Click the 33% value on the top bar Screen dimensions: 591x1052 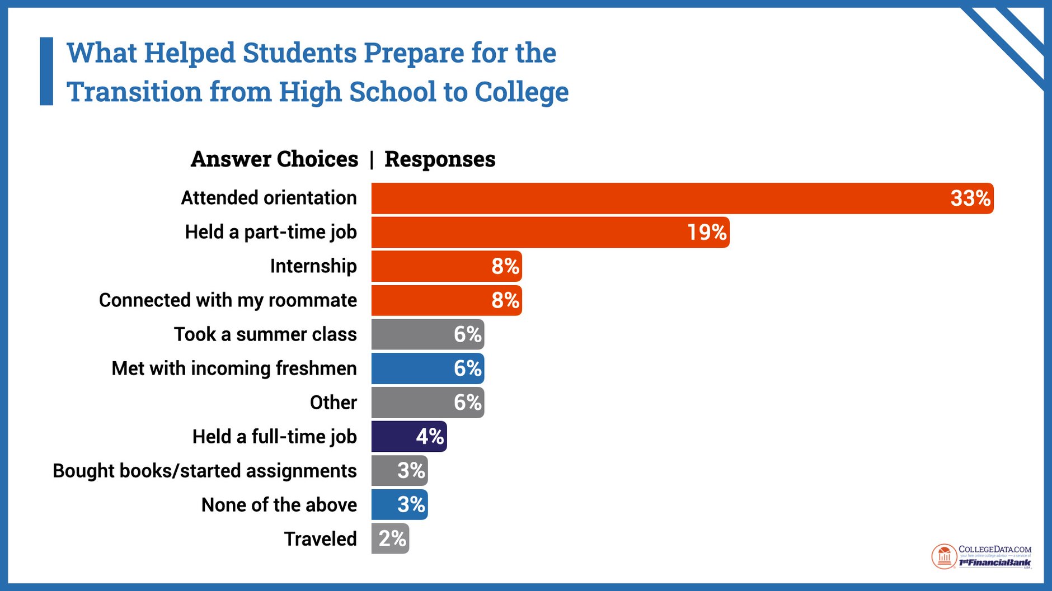(970, 198)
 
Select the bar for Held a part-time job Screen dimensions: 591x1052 (550, 233)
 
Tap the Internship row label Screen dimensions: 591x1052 (313, 266)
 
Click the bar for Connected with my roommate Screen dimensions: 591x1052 (446, 300)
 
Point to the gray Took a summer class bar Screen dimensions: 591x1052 (427, 334)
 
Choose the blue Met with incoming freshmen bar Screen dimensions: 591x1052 (427, 368)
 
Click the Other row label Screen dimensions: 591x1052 (333, 403)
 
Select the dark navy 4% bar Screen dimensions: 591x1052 (408, 437)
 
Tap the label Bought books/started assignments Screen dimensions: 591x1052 (204, 471)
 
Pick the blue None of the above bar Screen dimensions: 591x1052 (399, 505)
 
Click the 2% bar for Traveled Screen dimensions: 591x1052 (390, 539)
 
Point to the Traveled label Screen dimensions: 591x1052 (320, 539)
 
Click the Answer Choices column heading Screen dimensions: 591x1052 (274, 159)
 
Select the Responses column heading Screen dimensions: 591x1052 (440, 159)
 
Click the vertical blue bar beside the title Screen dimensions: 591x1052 (46, 71)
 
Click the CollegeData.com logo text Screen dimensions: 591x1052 (994, 550)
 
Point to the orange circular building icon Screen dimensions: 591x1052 (944, 557)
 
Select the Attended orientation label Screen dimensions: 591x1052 (269, 198)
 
